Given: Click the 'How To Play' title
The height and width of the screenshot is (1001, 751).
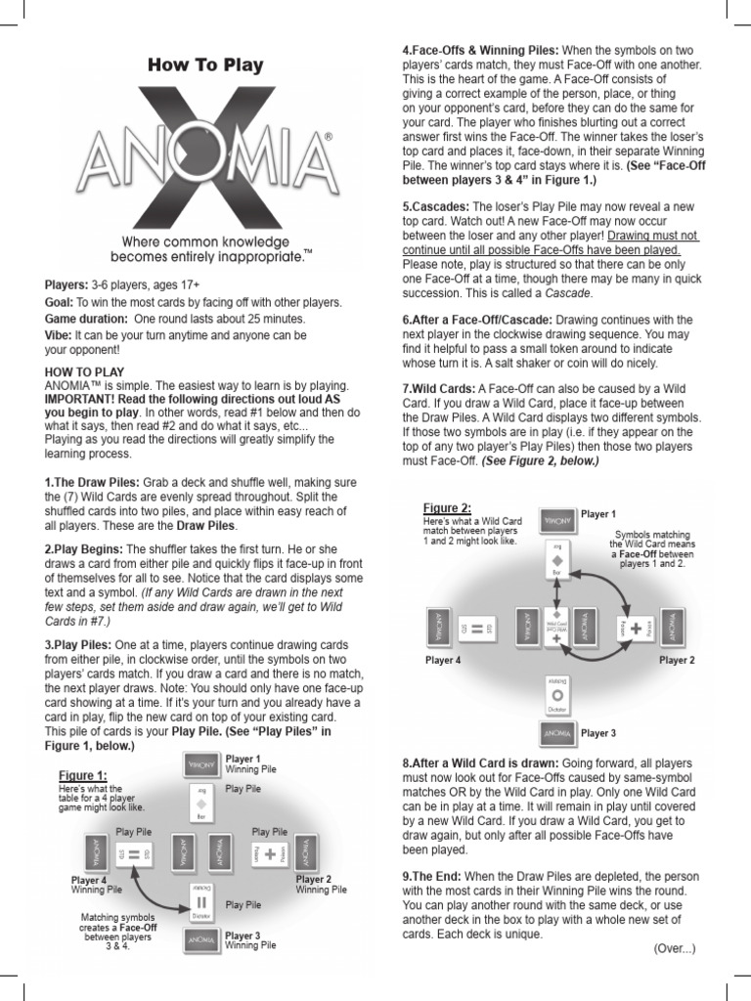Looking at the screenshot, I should coord(204,65).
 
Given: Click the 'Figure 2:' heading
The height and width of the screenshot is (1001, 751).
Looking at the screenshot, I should coord(447,507).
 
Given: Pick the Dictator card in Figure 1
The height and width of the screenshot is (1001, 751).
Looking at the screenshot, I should coord(202,905).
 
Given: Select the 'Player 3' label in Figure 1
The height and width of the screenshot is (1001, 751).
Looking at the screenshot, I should coord(243,936).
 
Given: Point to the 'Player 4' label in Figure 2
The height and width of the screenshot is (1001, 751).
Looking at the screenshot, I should coord(442,660).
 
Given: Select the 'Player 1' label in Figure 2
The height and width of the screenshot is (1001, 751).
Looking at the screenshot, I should coord(598,514).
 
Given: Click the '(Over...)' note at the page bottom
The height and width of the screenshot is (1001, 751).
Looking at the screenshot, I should coord(674,948).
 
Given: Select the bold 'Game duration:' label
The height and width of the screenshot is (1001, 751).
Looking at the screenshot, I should coord(86,319).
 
